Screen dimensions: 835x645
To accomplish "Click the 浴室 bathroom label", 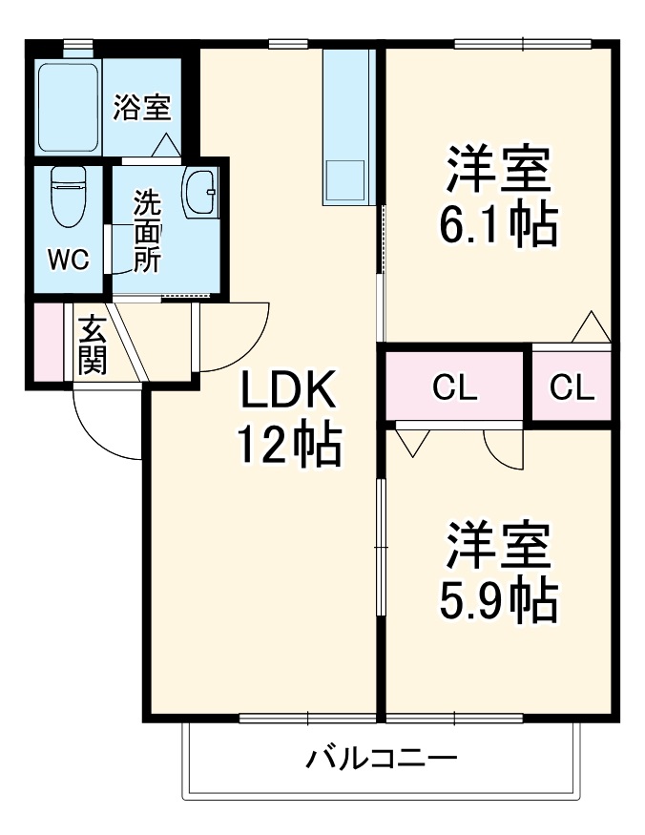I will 142,108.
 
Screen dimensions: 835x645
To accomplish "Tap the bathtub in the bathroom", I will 68,107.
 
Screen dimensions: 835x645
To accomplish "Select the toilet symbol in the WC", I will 68,196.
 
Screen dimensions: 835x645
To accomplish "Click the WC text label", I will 68,260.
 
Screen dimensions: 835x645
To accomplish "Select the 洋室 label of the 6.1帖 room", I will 497,171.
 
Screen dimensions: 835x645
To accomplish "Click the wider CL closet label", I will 455,387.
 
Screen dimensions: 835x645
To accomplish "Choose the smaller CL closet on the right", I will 572,387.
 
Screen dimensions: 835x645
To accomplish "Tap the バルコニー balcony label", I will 382,760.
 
